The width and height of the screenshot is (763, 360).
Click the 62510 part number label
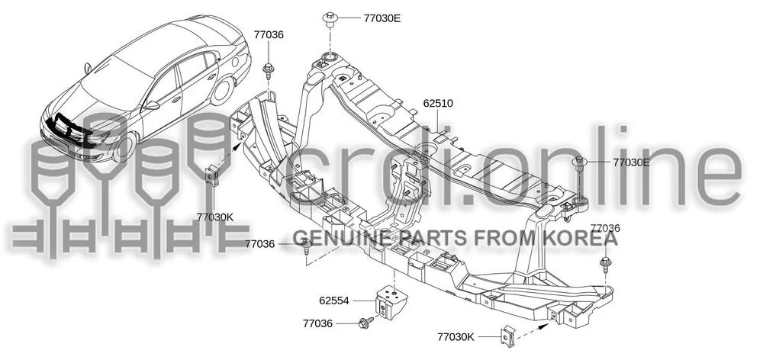click(438, 103)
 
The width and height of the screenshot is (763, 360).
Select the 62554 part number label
click(334, 301)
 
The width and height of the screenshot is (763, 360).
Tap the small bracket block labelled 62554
click(390, 301)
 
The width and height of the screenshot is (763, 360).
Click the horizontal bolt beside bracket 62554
click(365, 323)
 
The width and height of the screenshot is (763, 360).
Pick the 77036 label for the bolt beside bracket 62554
click(317, 323)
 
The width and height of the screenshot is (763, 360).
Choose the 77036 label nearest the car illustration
click(269, 34)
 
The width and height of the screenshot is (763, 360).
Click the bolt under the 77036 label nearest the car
click(268, 69)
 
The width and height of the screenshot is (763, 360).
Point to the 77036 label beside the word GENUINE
click(260, 244)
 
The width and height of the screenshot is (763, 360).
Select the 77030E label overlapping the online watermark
click(631, 162)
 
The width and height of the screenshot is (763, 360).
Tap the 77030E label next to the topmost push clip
click(382, 18)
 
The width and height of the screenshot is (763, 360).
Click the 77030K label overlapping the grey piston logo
click(215, 217)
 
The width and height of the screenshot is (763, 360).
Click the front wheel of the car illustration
click(124, 147)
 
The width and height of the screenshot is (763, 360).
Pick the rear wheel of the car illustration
click(222, 91)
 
